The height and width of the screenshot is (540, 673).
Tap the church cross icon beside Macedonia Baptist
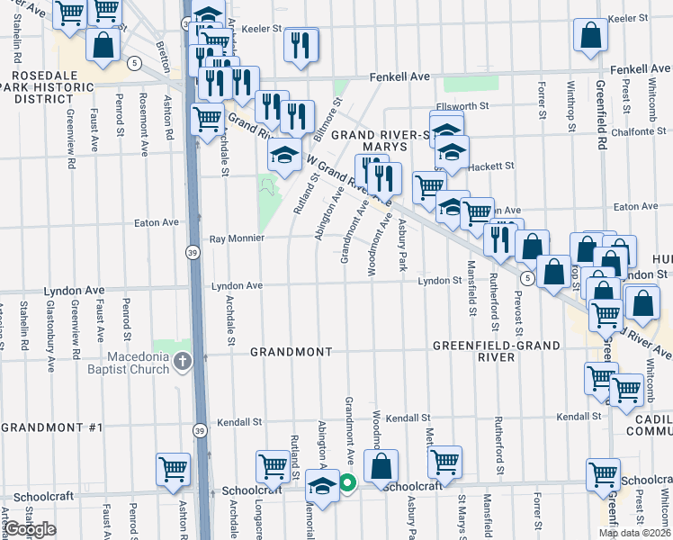184,362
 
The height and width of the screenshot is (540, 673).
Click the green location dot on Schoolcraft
346,486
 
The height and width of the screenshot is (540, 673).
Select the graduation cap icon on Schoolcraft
321,485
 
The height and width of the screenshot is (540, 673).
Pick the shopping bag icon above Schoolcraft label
381,466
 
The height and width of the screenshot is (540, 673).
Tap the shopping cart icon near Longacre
273,466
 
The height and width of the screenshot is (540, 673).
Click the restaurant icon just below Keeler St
301,44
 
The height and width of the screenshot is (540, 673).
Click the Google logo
31,529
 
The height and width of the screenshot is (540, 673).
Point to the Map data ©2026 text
633,533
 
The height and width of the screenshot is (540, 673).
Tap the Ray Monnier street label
236,238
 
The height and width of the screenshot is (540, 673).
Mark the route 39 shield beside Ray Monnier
193,255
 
